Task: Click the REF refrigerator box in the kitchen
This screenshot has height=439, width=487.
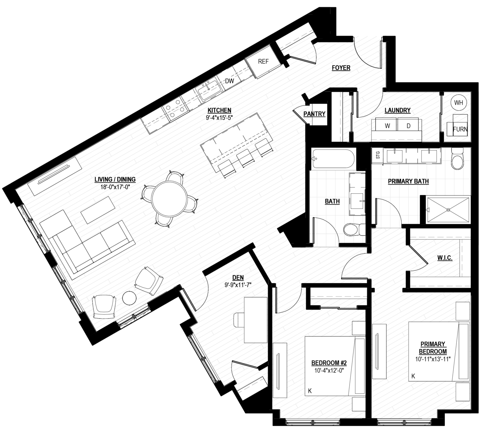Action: [x=263, y=62]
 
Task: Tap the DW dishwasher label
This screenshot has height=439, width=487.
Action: [x=229, y=81]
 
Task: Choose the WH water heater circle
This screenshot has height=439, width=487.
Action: [x=459, y=103]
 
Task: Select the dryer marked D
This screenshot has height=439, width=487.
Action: [x=408, y=125]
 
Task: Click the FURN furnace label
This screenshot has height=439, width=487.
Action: [x=460, y=129]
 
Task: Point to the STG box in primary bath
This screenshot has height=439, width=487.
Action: [x=378, y=154]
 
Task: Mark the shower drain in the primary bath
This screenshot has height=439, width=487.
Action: [x=448, y=210]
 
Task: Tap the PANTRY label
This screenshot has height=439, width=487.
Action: [x=314, y=114]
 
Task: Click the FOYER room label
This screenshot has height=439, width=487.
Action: [x=341, y=68]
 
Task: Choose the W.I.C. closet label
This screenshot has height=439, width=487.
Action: [x=445, y=258]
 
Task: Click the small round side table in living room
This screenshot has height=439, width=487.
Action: [x=129, y=298]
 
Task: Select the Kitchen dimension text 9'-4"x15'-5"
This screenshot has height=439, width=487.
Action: [x=219, y=118]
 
